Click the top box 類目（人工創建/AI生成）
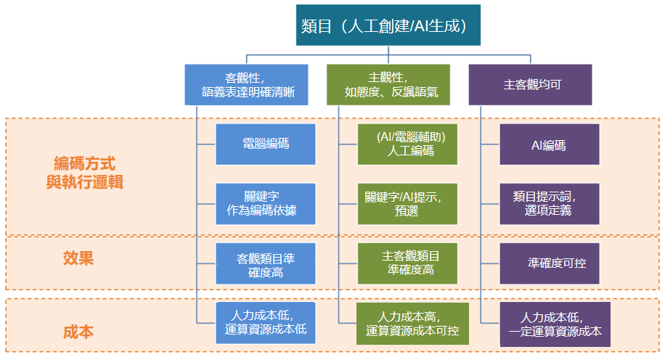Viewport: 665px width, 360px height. (x=388, y=25)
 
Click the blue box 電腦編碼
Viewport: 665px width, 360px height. (x=266, y=144)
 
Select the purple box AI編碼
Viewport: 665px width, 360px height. (x=549, y=144)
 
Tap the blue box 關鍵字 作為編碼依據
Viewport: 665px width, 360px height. (x=266, y=203)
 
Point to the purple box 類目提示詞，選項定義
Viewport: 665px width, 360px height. (x=549, y=203)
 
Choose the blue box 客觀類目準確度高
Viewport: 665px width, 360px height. (x=266, y=263)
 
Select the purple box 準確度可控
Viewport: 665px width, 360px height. (x=549, y=263)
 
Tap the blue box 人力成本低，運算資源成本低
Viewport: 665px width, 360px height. (x=266, y=322)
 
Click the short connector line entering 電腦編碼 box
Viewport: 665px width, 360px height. (x=206, y=144)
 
